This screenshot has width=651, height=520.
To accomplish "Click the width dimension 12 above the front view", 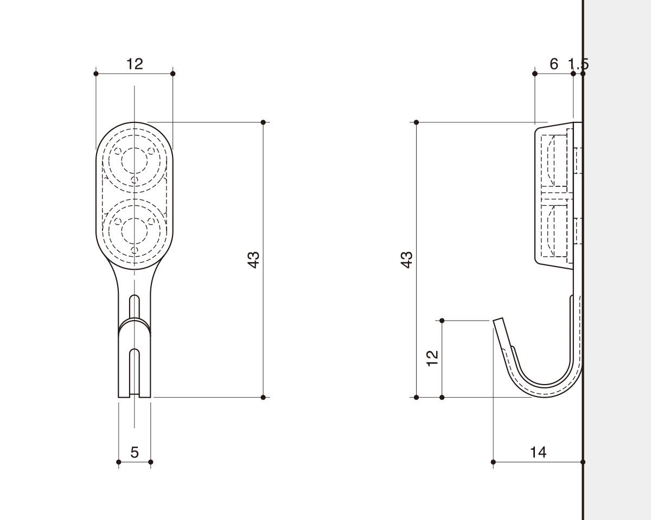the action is tap(135, 64).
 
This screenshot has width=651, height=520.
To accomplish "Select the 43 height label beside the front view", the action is tap(253, 259).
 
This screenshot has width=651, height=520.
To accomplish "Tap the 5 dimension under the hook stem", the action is tap(135, 452).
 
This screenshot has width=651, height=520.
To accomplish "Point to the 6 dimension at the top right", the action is tap(553, 64).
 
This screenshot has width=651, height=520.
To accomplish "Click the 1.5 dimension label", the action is tap(578, 64).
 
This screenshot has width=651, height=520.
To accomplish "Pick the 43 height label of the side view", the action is tap(407, 259).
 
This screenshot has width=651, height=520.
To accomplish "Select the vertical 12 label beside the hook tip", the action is tap(432, 359).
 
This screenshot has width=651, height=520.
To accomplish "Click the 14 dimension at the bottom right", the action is tap(539, 452).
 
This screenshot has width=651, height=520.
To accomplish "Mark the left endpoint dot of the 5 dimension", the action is tap(119, 462).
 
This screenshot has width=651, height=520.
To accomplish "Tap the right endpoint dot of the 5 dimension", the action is tap(151, 462).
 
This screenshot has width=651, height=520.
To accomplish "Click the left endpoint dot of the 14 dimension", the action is tap(493, 462).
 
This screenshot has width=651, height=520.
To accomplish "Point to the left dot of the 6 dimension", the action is tap(535, 74).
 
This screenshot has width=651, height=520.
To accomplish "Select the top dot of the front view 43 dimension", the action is tap(263, 122).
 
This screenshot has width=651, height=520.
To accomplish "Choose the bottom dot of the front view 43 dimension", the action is tap(263, 398).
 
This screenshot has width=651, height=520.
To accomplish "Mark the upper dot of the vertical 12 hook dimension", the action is tap(442, 321).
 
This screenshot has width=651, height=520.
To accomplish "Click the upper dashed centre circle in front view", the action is tap(135, 160).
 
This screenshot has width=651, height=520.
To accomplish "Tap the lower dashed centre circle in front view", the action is tap(135, 231).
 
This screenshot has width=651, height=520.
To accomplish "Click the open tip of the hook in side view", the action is tap(498, 320).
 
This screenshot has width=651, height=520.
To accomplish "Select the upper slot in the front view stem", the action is tap(135, 306).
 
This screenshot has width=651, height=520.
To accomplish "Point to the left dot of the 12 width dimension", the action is tap(96, 74).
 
